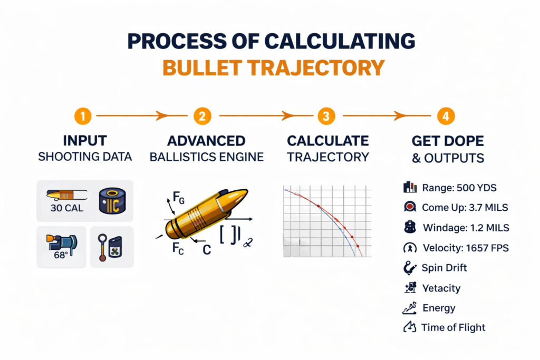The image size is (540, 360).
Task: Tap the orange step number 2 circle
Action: click(x=202, y=115)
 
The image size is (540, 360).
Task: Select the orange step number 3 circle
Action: click(x=326, y=115)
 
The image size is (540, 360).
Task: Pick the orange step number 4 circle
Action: click(x=446, y=115)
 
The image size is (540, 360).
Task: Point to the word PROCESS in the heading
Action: click(x=179, y=42)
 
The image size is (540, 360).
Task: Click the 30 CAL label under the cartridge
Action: click(x=66, y=208)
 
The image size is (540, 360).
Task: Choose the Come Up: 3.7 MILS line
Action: click(x=465, y=208)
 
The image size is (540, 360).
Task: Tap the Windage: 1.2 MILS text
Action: click(x=466, y=228)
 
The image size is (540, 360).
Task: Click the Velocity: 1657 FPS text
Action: click(x=466, y=248)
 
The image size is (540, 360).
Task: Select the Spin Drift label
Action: click(x=444, y=268)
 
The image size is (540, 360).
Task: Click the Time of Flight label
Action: click(x=453, y=327)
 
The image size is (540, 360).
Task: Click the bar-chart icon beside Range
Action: click(x=410, y=187)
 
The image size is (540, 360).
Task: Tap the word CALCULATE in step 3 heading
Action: click(x=327, y=141)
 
